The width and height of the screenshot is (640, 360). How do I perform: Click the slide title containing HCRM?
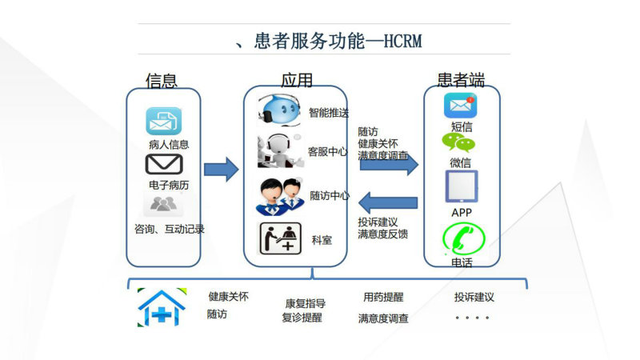click(x=329, y=41)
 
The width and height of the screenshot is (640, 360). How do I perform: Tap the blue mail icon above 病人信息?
click(x=164, y=121)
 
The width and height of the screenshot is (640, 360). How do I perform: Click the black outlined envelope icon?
click(x=164, y=164)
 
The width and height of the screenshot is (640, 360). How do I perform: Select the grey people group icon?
click(x=163, y=204)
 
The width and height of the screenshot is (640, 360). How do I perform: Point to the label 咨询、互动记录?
click(x=170, y=229)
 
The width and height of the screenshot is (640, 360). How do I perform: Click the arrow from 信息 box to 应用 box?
click(x=222, y=169)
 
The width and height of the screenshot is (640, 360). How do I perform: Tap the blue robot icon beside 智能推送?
click(x=279, y=110)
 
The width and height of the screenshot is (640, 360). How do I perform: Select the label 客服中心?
click(x=328, y=152)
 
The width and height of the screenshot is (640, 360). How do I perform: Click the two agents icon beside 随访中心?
click(x=280, y=197)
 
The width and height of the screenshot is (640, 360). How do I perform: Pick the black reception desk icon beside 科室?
click(x=281, y=238)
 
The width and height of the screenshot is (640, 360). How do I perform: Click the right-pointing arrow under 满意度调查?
click(x=389, y=165)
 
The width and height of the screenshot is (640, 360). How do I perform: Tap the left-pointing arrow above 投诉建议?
click(x=388, y=203)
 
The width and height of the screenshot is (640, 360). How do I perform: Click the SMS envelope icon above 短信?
click(x=461, y=106)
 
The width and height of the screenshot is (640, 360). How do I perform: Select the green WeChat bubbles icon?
click(x=458, y=143)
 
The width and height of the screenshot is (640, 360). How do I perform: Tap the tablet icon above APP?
click(x=462, y=186)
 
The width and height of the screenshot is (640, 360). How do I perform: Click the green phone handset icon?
click(x=464, y=238)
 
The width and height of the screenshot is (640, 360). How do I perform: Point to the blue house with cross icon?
click(x=162, y=307)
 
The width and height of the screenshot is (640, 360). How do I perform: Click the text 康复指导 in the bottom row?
click(x=306, y=304)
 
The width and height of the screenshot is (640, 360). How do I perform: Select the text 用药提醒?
click(x=383, y=297)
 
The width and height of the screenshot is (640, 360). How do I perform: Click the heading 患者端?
click(x=461, y=80)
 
